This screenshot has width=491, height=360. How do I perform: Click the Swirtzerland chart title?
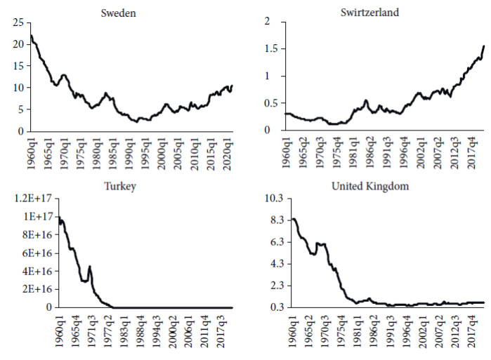(381, 12)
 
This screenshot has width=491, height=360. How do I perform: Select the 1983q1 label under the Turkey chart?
(124, 331)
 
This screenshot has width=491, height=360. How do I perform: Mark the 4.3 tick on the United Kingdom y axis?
(273, 264)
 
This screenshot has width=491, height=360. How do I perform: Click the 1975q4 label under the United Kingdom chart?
(342, 331)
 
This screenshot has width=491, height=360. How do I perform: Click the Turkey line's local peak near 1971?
(89, 266)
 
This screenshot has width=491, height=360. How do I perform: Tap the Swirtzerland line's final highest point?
(484, 46)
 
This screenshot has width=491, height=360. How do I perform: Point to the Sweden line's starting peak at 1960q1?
(32, 36)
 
